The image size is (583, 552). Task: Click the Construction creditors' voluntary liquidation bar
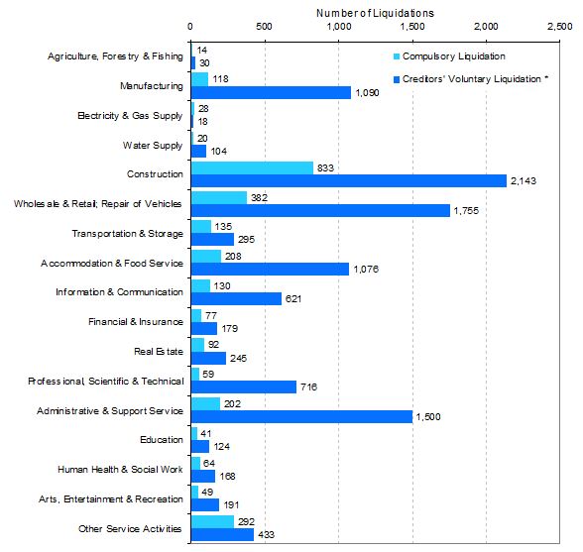(x=349, y=181)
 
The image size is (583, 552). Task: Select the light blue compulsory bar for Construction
(x=252, y=168)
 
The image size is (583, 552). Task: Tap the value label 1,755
(x=466, y=211)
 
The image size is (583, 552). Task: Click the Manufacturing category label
(x=152, y=86)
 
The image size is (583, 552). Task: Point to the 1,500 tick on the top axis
(x=412, y=27)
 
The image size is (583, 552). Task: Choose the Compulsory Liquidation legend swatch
(x=397, y=56)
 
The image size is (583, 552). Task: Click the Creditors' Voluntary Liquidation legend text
(x=475, y=79)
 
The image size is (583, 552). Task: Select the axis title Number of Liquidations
(x=375, y=13)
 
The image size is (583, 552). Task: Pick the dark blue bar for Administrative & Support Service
(x=301, y=416)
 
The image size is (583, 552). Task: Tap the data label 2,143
(x=524, y=181)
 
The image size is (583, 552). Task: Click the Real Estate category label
(x=159, y=351)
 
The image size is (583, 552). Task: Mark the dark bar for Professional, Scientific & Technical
(x=244, y=386)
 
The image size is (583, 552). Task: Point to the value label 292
(x=246, y=522)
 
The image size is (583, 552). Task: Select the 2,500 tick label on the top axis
(x=559, y=27)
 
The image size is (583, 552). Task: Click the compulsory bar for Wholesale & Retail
(x=219, y=198)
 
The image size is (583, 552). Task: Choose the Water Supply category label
(x=153, y=146)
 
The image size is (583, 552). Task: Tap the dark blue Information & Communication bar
(x=236, y=298)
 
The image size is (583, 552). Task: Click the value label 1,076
(x=366, y=270)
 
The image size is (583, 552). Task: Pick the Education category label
(x=162, y=440)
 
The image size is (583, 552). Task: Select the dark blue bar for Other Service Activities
(x=222, y=535)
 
